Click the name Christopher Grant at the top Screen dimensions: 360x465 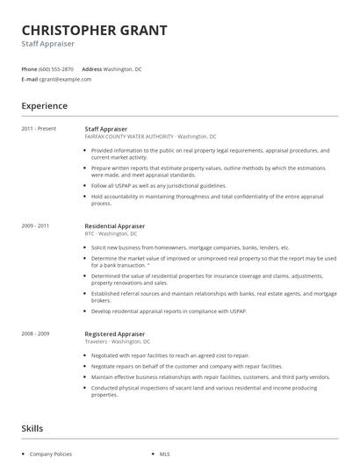[x=94, y=31]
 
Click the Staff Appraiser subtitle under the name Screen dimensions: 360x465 [x=48, y=44]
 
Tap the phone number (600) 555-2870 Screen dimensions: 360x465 [x=56, y=68]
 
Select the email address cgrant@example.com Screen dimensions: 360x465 [x=65, y=79]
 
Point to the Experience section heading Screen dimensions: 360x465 [x=44, y=106]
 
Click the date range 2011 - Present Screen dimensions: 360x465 [x=39, y=129]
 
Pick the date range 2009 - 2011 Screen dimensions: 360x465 [x=36, y=226]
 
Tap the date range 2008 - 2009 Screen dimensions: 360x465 [x=36, y=333]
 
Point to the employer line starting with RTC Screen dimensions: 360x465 [x=111, y=234]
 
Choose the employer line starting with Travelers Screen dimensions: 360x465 [x=117, y=341]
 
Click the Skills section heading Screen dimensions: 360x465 [x=33, y=428]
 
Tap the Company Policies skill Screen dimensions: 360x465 [x=50, y=454]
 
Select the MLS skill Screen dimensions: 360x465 [x=164, y=454]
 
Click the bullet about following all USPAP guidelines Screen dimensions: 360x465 [x=158, y=186]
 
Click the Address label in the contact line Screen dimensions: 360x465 [x=91, y=68]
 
